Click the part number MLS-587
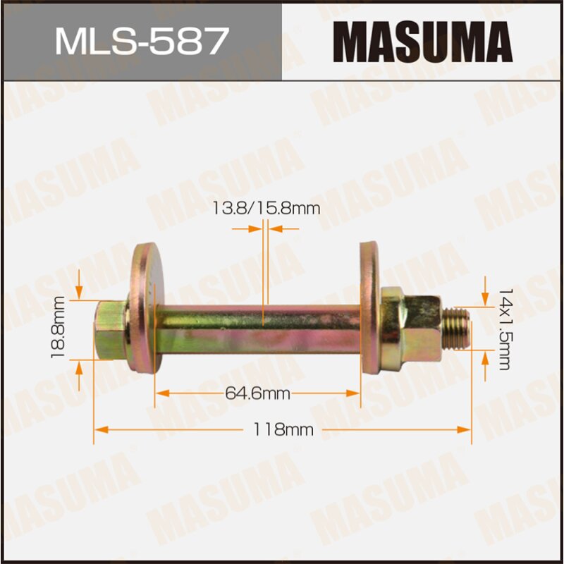click(142, 41)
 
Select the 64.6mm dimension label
click(258, 394)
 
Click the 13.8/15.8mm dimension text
click(266, 208)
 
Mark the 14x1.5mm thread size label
click(503, 329)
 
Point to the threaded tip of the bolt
click(459, 328)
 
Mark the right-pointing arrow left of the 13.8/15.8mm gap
click(255, 228)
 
